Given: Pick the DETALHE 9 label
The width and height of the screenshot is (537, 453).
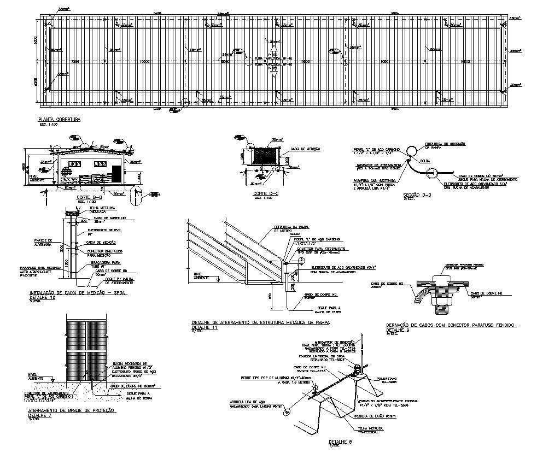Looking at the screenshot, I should click(x=398, y=330).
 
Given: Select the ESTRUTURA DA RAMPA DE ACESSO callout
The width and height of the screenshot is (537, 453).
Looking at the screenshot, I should click(x=286, y=230).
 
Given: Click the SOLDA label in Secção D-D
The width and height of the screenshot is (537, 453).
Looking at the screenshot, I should click(x=424, y=161).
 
